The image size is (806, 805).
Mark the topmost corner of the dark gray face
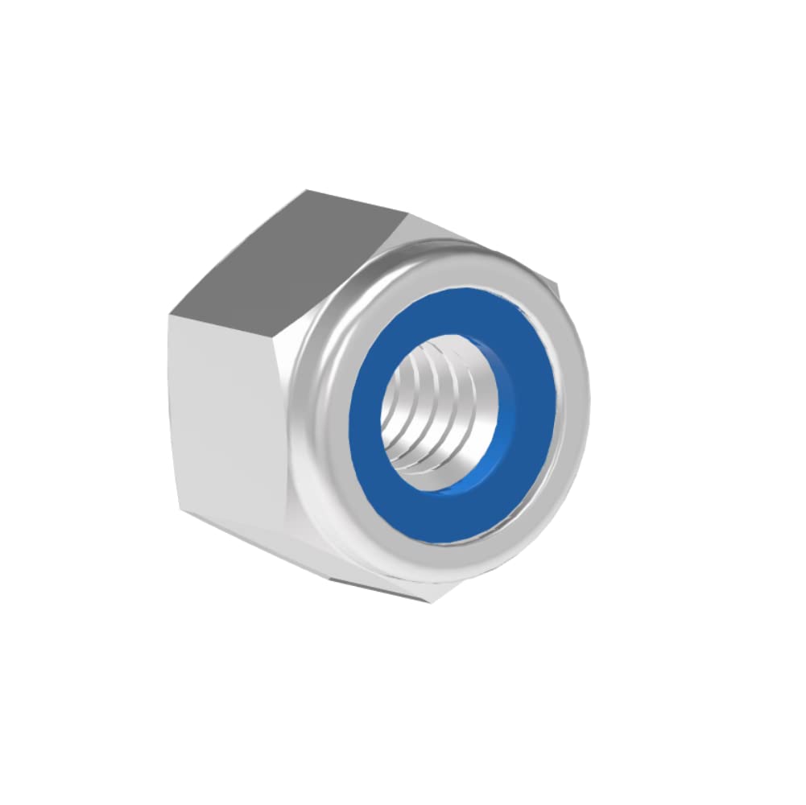[x=306, y=191]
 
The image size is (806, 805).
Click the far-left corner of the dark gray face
[x=170, y=315]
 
